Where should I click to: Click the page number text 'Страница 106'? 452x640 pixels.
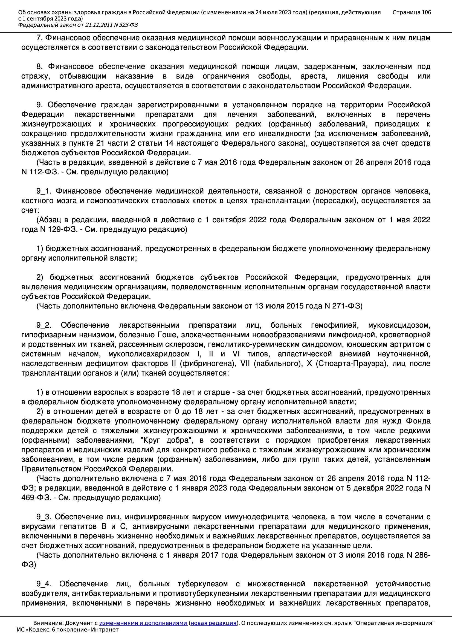(x=411, y=12)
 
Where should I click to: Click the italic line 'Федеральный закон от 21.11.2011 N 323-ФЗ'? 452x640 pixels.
(x=78, y=25)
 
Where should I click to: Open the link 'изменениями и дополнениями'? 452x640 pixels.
(x=143, y=623)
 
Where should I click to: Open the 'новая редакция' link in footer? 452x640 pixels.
(x=213, y=623)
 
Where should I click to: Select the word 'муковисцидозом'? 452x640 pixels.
(x=399, y=325)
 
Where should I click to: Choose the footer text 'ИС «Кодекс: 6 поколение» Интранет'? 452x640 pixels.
(x=68, y=630)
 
